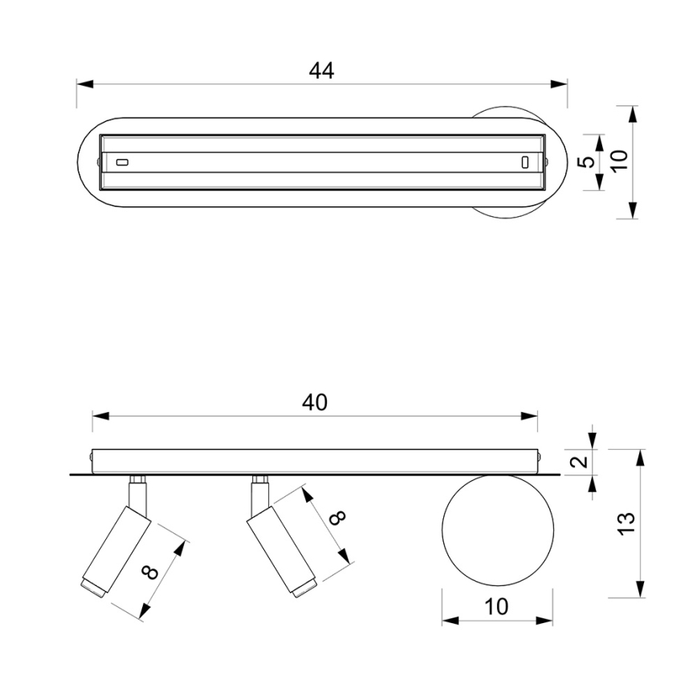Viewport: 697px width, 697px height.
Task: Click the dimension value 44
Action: click(321, 71)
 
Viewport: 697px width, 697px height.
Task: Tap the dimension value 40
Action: click(315, 402)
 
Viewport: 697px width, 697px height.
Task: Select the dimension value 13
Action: click(626, 524)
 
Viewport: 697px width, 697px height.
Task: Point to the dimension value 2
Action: click(579, 462)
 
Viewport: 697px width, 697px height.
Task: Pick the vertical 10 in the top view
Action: click(619, 160)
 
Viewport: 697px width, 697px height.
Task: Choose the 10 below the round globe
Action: click(496, 606)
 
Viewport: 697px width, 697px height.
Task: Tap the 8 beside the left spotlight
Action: click(150, 573)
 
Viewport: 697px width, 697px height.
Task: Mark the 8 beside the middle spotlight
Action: click(338, 517)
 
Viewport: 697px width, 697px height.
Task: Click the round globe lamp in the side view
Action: click(498, 530)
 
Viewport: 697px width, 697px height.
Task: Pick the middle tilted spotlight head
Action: click(282, 551)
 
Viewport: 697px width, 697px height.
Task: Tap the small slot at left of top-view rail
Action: click(122, 162)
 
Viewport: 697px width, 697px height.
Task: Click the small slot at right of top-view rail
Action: click(525, 162)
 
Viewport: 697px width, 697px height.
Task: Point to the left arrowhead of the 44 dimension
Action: click(85, 84)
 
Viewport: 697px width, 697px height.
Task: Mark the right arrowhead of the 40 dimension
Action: click(529, 416)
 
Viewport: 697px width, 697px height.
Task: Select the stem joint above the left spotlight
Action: click(138, 479)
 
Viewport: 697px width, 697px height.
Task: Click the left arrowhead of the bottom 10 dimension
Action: click(450, 621)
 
